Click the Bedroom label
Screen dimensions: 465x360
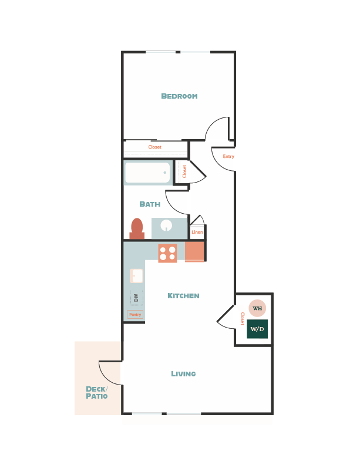[179, 96]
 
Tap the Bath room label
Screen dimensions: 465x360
[150, 204]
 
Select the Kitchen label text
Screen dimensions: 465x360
[183, 296]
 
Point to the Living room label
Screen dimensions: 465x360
[183, 374]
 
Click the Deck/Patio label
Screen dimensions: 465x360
[97, 392]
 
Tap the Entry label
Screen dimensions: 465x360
[228, 157]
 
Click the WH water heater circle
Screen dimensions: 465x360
[257, 308]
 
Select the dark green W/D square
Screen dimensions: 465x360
[257, 329]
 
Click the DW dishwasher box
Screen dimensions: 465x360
[136, 298]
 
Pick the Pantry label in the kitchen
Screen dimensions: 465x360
[135, 315]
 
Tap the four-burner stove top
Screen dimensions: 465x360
[167, 253]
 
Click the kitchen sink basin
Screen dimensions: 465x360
[136, 275]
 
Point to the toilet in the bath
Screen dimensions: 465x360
[137, 228]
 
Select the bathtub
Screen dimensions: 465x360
[147, 173]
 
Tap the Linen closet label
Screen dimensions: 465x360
[197, 232]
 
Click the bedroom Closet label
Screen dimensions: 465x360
[154, 147]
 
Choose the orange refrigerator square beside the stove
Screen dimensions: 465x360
[194, 252]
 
